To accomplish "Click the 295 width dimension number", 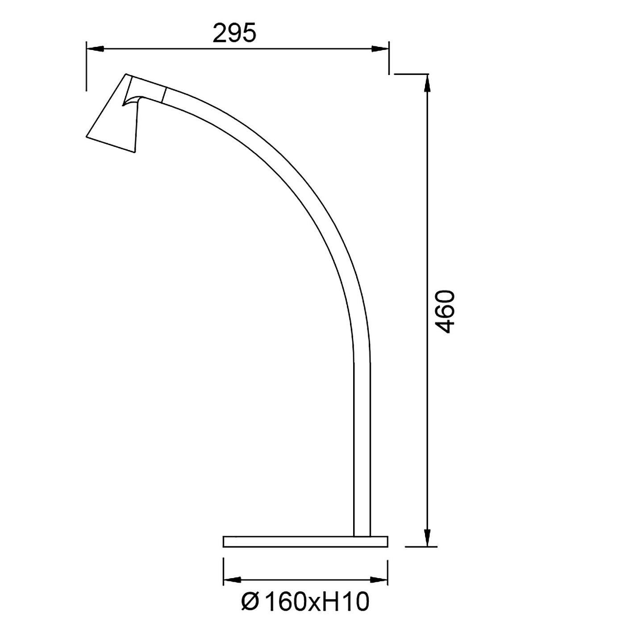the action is [x=234, y=33].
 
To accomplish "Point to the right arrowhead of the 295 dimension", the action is [x=380, y=49].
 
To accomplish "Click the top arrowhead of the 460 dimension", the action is [x=428, y=83].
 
